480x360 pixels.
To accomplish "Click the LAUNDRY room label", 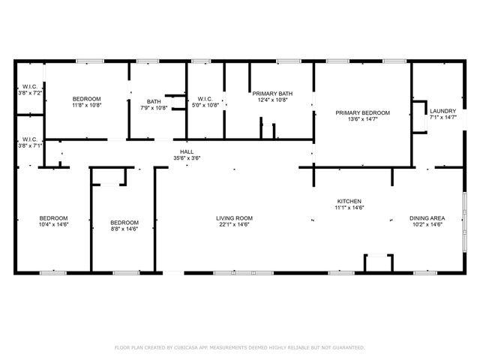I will pos(442,111).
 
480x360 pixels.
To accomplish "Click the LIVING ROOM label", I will pos(234,217).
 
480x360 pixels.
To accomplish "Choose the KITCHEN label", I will pos(349,201).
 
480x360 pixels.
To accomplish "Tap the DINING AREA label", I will pos(426,217).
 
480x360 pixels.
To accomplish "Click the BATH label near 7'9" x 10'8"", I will pos(154,102).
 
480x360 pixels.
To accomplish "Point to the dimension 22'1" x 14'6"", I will pos(234,224).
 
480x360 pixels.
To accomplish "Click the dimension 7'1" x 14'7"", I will pos(442,117).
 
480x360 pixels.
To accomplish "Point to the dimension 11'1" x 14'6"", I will pos(349,208).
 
